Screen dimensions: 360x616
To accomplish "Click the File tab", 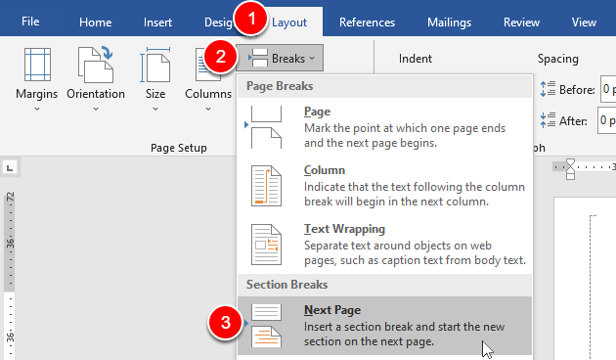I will [30, 22].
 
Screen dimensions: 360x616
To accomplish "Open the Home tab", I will [95, 22].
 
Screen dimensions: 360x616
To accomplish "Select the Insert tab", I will [157, 22].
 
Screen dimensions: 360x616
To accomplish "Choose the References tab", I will [367, 22].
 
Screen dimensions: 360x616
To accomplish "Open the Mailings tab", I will [449, 22].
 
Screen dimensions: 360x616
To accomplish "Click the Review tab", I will [521, 22].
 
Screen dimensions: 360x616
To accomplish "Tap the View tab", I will [584, 22].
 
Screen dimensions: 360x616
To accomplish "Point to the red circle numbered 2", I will [223, 58].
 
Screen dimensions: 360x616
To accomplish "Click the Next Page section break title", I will [331, 310].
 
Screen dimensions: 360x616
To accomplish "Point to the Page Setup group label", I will [179, 148].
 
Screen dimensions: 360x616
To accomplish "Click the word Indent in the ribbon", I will [416, 59].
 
